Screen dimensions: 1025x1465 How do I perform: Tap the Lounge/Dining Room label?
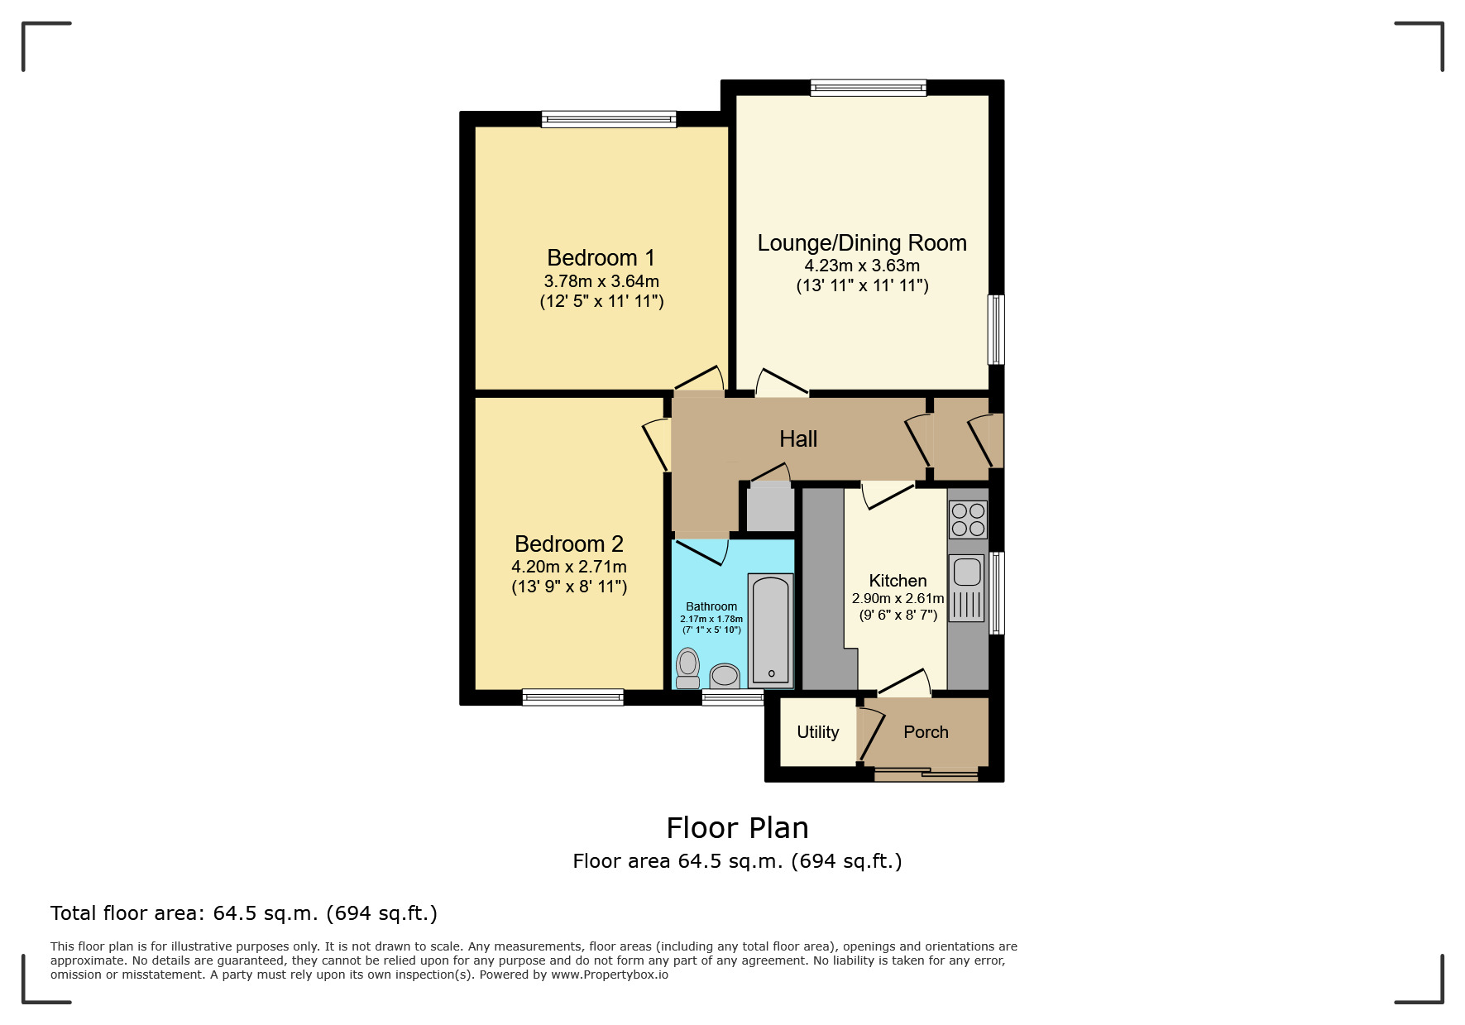tap(862, 243)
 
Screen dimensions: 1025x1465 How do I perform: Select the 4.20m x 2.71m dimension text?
tap(569, 568)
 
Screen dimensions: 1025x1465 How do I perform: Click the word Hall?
tap(798, 439)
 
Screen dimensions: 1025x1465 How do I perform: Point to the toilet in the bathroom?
tap(687, 668)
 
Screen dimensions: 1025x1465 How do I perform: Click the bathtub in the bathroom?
tap(771, 630)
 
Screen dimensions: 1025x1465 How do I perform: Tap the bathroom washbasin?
tap(725, 676)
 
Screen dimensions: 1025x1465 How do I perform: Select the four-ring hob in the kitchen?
tap(968, 520)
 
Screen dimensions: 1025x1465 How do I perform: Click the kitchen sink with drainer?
tap(967, 587)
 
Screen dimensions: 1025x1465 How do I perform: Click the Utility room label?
tap(817, 732)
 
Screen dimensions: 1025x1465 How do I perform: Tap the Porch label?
tap(926, 732)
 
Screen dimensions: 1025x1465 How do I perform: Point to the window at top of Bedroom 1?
tap(609, 119)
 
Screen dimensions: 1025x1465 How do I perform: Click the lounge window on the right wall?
tap(997, 329)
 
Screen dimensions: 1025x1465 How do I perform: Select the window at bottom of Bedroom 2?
tap(573, 697)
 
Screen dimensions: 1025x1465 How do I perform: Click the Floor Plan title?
tap(737, 828)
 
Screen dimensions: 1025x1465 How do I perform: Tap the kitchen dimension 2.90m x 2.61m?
tap(898, 598)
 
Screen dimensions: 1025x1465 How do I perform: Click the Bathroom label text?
tap(711, 606)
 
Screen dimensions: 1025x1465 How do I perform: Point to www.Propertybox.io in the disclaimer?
tap(610, 975)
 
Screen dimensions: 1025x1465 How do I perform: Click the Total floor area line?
tap(243, 913)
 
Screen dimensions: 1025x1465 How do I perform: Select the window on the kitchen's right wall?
tap(997, 593)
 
